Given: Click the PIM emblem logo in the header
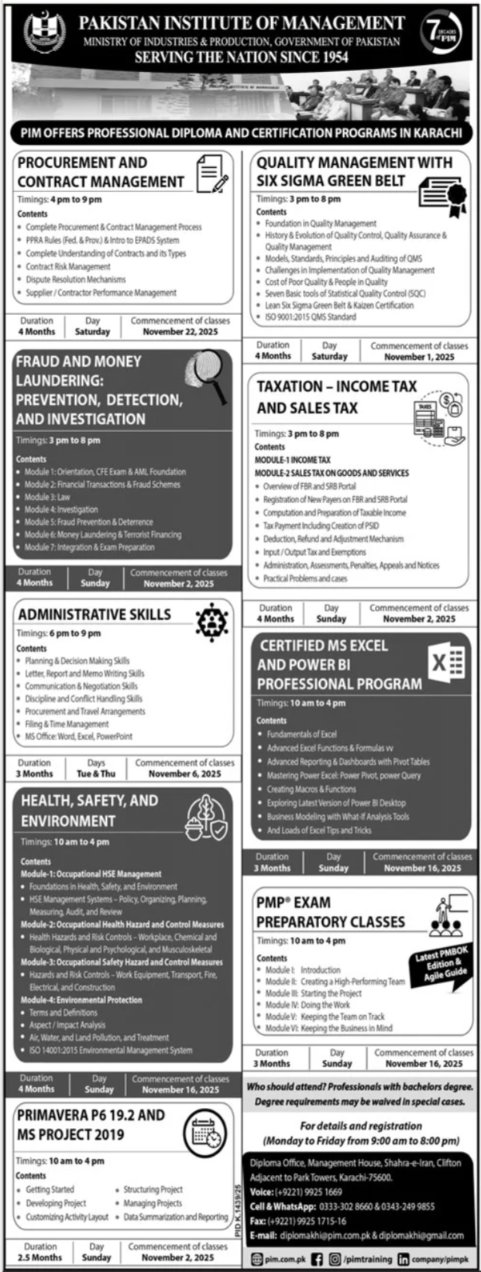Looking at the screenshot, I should pos(46,33).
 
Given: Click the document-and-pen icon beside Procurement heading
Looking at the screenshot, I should pos(212,173).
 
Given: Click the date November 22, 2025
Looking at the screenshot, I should pos(180,331).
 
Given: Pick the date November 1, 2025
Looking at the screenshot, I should pos(419,357).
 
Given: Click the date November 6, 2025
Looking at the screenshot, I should pos(184,773).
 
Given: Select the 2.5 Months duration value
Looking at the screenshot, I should pos(40,1257).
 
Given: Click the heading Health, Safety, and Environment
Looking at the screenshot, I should pos(89,811).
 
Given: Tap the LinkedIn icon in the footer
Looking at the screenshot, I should pos(404,1259).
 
